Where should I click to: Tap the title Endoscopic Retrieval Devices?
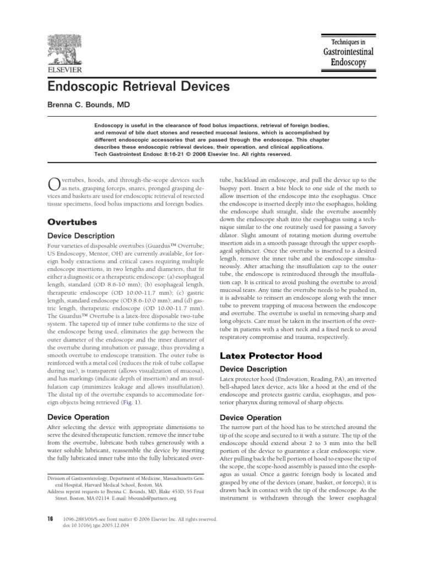[135, 87]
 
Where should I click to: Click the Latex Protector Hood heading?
[263, 356]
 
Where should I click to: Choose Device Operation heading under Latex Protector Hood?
[251, 417]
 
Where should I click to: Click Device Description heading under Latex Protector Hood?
[253, 369]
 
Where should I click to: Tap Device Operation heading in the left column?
[79, 417]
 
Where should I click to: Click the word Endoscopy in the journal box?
[348, 62]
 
